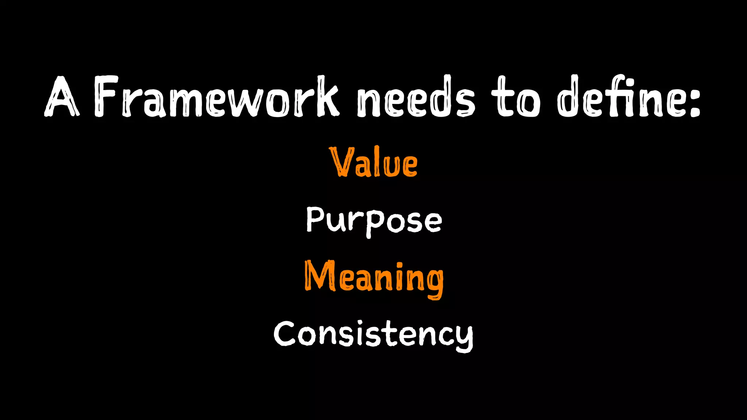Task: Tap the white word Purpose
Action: coord(374,221)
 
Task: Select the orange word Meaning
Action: coord(374,279)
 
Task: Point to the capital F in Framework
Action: coord(106,97)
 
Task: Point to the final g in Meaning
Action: coord(434,283)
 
